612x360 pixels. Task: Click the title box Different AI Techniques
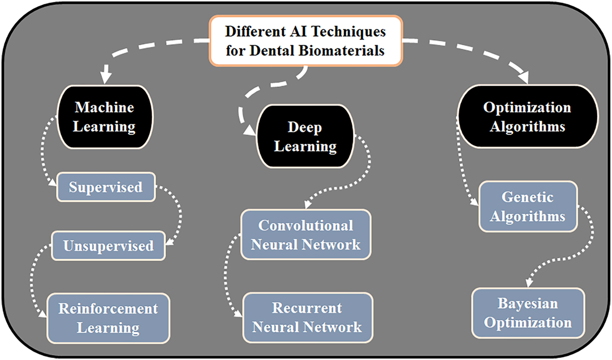305,41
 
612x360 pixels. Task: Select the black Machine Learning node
105,117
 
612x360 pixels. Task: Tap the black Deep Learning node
305,137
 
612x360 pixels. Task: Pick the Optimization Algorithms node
527,116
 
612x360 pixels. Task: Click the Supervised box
106,187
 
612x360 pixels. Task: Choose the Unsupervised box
108,245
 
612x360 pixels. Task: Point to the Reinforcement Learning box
108,319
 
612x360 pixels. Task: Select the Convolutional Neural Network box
305,235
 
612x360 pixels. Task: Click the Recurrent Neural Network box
307,317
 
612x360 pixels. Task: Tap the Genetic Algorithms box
527,206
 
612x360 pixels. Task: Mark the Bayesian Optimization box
527,313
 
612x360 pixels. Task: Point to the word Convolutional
305,226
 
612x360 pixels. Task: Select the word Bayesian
527,304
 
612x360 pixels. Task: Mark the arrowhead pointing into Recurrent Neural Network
239,314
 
